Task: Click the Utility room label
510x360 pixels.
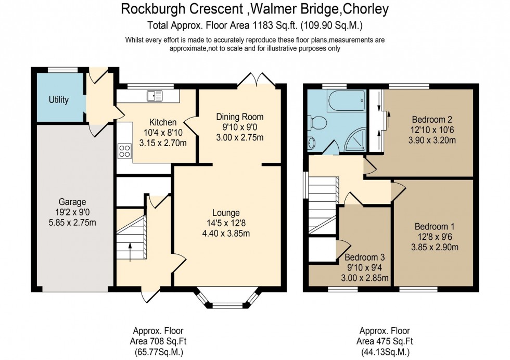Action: (58, 100)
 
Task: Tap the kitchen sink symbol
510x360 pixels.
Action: (155, 95)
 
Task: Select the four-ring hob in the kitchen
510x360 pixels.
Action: (125, 151)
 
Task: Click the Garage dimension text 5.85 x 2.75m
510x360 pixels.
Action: (72, 223)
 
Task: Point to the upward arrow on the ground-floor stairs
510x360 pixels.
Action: (130, 253)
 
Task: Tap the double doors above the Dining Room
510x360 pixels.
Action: (256, 79)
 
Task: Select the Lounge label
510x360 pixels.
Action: (226, 213)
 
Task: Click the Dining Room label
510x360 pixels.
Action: (240, 117)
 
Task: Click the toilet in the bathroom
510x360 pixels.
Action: (318, 123)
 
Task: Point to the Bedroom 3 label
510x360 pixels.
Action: (364, 258)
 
